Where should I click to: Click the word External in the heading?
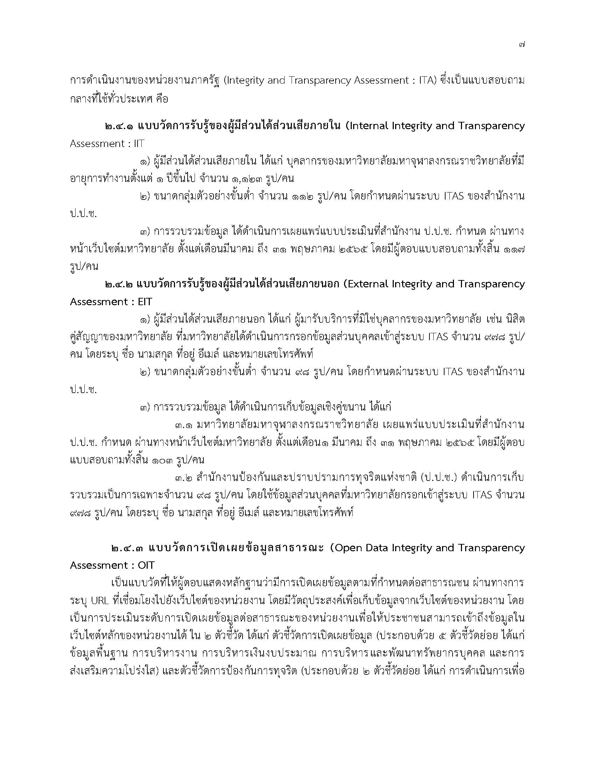[369, 284]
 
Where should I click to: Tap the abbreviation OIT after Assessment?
[146, 566]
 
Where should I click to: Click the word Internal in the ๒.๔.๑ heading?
[368, 126]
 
